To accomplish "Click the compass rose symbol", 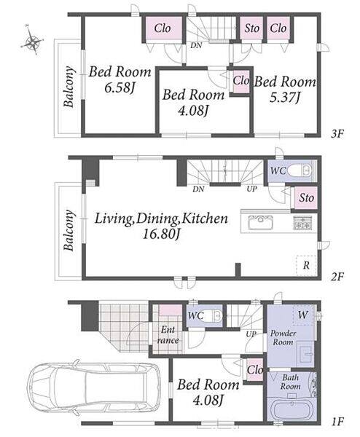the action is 32,41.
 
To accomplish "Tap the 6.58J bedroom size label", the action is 120,87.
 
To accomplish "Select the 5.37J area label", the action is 284,98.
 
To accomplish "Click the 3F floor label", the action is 337,134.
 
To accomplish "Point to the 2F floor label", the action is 337,276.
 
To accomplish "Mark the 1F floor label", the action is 337,422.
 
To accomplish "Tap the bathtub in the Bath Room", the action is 291,409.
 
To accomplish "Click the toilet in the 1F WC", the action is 212,316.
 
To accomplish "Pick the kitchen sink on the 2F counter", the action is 260,222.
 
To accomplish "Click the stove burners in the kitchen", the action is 302,223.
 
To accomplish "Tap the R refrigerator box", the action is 306,265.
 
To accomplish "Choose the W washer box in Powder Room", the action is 304,315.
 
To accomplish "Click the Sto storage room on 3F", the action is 251,28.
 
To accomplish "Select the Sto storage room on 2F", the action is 306,198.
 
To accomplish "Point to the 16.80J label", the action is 161,234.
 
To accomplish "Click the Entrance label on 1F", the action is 168,335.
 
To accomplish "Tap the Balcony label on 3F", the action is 69,87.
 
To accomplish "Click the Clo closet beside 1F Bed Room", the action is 255,370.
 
